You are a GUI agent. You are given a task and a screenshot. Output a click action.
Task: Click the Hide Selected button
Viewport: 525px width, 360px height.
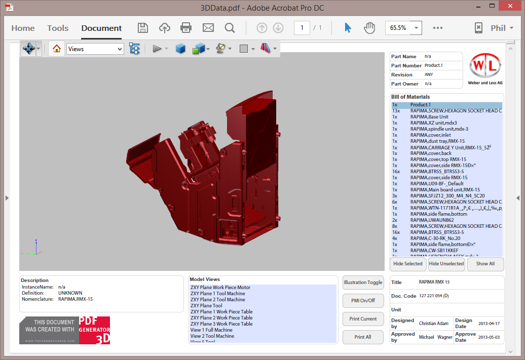click(x=408, y=264)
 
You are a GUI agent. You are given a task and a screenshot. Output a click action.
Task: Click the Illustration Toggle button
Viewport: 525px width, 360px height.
click(x=363, y=283)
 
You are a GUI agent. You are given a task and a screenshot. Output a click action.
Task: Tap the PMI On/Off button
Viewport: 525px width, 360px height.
click(x=363, y=301)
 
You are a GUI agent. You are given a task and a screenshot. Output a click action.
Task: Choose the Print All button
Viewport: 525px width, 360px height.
click(x=363, y=337)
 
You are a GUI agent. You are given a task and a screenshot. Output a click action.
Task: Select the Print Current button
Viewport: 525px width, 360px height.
click(x=363, y=319)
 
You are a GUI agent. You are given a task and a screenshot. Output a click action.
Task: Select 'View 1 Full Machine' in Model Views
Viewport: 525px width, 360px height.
click(x=212, y=330)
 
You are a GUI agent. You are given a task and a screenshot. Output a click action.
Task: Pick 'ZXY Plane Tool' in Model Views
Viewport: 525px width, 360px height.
click(x=206, y=306)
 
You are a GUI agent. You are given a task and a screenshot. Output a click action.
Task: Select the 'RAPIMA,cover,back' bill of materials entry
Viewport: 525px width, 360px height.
click(x=431, y=153)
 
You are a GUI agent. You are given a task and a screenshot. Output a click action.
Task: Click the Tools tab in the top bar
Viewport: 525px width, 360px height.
click(x=58, y=28)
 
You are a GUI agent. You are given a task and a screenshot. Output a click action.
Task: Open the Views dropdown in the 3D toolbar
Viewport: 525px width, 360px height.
click(x=95, y=49)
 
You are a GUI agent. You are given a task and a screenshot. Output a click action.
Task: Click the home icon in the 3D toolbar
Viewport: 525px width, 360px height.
click(x=57, y=49)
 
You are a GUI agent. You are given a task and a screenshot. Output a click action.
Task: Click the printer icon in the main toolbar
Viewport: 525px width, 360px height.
click(x=186, y=28)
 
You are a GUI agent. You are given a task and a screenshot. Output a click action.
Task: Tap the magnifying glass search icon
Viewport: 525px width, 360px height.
click(x=230, y=28)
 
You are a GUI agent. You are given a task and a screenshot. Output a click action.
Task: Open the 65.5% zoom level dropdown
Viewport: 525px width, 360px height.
click(x=417, y=28)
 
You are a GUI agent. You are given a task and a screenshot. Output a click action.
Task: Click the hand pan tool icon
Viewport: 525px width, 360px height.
click(x=369, y=28)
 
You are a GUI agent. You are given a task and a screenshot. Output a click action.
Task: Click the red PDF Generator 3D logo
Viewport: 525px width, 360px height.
click(x=94, y=331)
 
